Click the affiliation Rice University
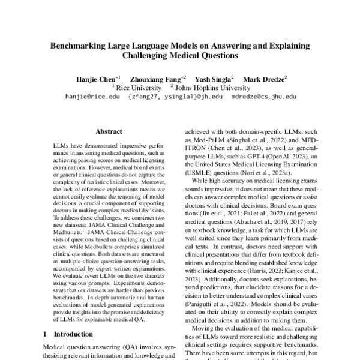pyautogui.click(x=136, y=87)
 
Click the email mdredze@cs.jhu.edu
pyautogui.click(x=268, y=96)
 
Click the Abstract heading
pyautogui.click(x=109, y=130)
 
